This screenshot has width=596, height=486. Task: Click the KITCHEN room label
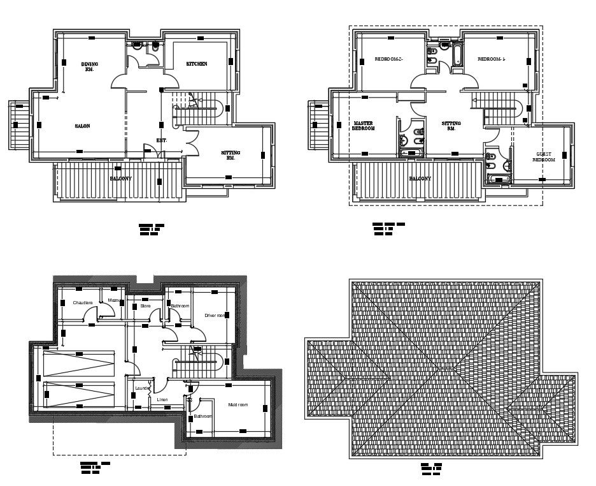click(x=196, y=64)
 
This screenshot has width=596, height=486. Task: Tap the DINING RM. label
click(x=89, y=66)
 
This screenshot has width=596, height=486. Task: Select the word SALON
click(x=82, y=126)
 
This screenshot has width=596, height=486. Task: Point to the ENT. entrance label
click(x=162, y=140)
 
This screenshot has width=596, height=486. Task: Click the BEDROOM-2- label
click(x=388, y=59)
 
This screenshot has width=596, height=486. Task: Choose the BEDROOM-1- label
click(x=492, y=59)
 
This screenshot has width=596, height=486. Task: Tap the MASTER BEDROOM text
click(x=364, y=126)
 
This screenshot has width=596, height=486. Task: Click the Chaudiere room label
click(x=83, y=302)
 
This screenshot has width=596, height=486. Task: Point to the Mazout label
click(x=114, y=300)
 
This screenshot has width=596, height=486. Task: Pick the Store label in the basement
click(x=145, y=306)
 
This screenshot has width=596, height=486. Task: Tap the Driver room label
click(x=215, y=315)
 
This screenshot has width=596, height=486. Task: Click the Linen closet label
click(x=162, y=399)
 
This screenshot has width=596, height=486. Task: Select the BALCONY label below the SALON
click(x=120, y=179)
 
